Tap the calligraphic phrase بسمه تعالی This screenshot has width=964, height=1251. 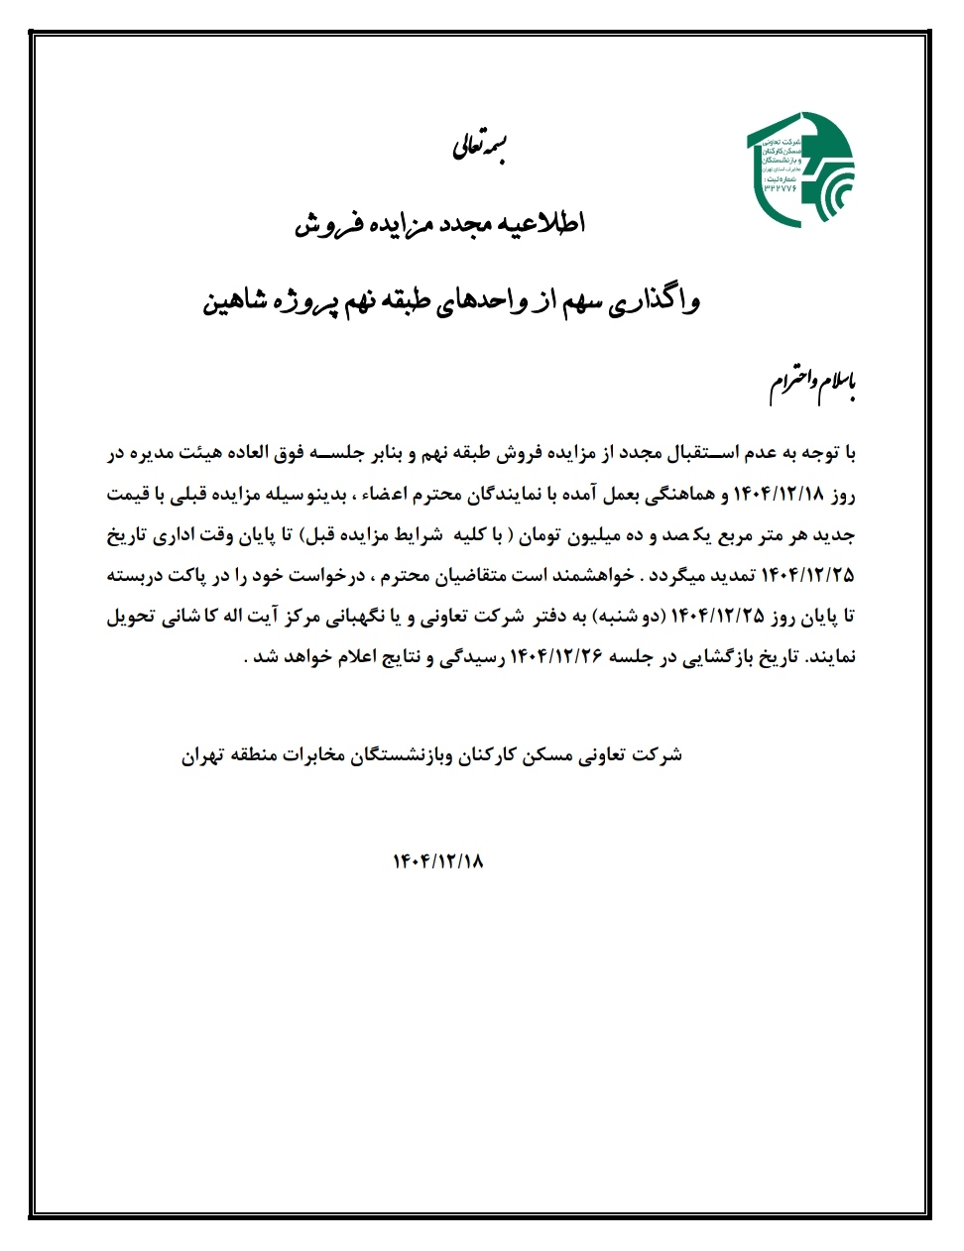(x=480, y=148)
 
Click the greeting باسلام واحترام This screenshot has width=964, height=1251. (x=811, y=388)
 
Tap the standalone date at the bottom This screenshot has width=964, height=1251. (x=437, y=860)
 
